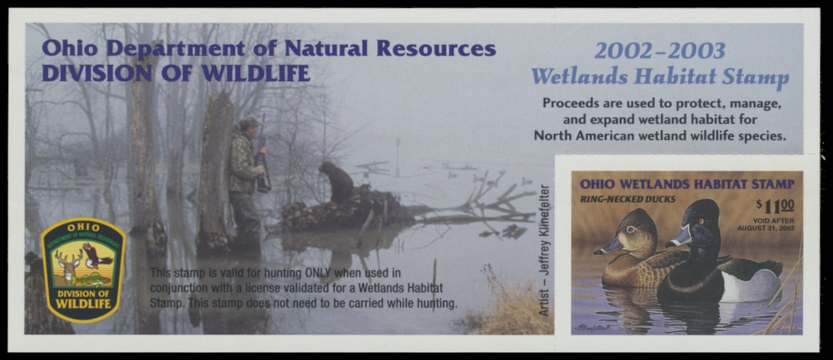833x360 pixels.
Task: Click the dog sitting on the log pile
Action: [x=337, y=182]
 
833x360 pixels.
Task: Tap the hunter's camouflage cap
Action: [x=249, y=122]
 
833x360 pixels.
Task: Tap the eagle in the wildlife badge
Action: [x=97, y=255]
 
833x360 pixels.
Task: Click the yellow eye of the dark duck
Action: [x=702, y=221]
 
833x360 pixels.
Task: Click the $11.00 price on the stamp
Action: [x=775, y=206]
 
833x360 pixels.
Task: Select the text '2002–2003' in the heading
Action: [x=660, y=51]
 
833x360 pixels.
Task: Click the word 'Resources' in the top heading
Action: [x=436, y=48]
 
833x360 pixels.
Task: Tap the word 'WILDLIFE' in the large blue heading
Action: [x=256, y=74]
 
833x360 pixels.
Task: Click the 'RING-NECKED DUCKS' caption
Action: [x=628, y=200]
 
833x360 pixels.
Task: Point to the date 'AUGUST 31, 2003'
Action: [x=766, y=228]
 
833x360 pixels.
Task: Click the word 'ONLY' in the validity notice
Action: [x=318, y=273]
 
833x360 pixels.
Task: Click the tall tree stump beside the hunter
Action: [x=217, y=171]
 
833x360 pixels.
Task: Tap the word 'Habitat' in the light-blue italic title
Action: [x=676, y=77]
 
